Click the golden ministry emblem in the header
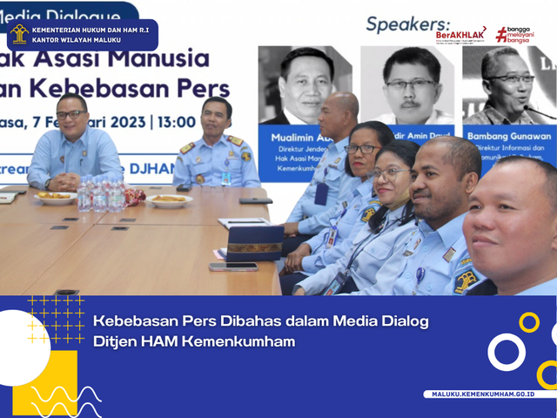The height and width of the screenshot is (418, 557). tap(19, 34)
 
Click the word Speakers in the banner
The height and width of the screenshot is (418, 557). tap(407, 24)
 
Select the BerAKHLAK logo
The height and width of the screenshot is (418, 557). tap(460, 35)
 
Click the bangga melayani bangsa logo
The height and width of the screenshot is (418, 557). tap(513, 33)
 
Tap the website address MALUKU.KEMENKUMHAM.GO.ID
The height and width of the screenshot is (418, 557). tap(483, 394)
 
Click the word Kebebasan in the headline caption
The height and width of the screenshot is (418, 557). tap(133, 322)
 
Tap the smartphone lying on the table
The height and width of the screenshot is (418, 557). tap(233, 266)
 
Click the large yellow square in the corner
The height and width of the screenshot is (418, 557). tap(44, 381)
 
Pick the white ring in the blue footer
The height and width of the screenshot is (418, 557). tap(506, 352)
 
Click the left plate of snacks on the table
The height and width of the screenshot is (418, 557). tap(55, 197)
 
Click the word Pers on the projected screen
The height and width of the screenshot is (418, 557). tap(212, 89)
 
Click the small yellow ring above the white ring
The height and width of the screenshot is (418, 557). tap(528, 322)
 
